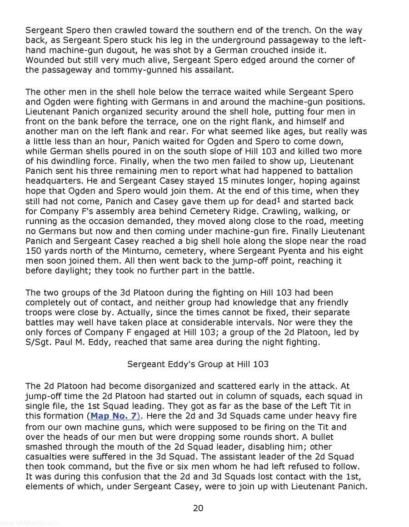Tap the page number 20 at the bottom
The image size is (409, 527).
click(198, 508)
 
